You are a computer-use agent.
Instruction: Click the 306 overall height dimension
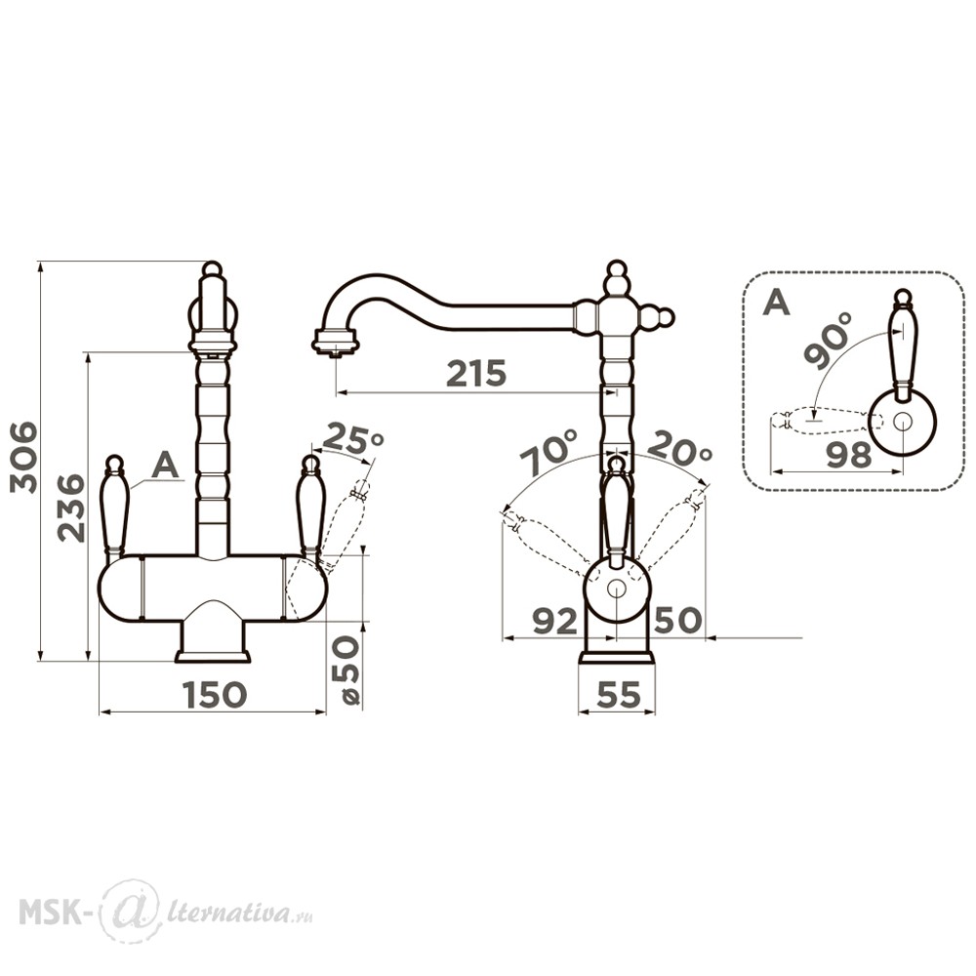tap(25, 458)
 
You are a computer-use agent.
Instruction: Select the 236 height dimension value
tap(70, 508)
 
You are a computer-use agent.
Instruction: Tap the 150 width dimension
tap(215, 694)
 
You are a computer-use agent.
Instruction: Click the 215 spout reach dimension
tap(477, 374)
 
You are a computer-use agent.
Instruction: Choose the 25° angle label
tap(353, 437)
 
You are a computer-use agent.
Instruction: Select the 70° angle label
tap(549, 453)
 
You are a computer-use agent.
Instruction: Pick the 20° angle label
tap(679, 448)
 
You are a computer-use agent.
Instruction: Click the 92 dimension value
tap(555, 621)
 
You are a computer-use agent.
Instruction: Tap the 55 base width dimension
tap(618, 694)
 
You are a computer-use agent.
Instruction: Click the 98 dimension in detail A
tap(849, 455)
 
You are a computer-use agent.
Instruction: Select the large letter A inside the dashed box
tap(776, 303)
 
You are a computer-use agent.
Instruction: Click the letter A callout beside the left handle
tap(165, 465)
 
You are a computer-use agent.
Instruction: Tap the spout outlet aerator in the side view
tap(336, 344)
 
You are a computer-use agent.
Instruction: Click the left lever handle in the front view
tap(114, 506)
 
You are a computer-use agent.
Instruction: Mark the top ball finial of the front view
tap(212, 269)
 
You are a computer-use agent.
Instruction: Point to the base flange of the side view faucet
tap(617, 658)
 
